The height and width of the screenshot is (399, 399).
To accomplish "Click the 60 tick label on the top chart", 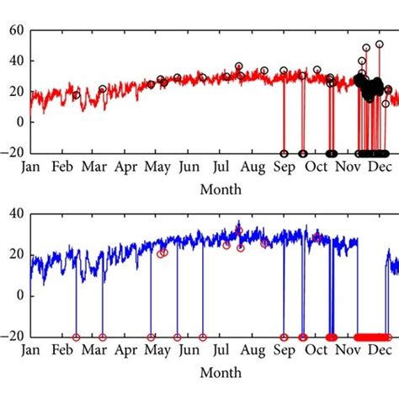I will coord(15,31).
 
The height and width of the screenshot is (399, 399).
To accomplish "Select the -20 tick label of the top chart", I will coord(12,153).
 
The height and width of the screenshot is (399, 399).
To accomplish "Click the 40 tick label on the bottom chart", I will coord(15,214).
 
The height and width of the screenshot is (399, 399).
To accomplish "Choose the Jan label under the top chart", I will coord(30,168).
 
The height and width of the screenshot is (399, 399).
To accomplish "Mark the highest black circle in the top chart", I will coord(379,44).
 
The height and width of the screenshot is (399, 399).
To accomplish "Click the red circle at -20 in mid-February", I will coord(76,337).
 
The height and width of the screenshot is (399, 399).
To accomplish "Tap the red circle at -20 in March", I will coord(103,337).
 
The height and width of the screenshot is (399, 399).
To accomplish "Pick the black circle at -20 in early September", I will coord(284,153).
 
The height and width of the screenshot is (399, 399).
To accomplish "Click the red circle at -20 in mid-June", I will coord(203,337).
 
